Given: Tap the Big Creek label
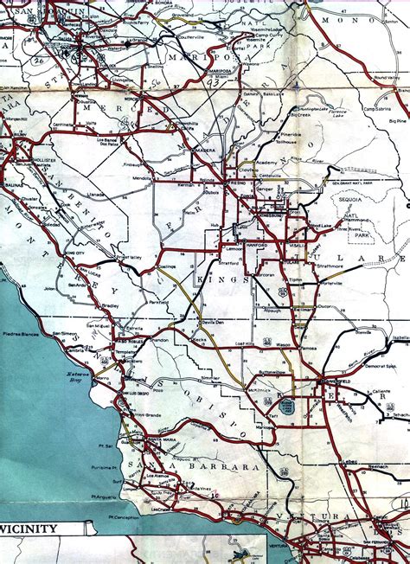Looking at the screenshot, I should tap(299, 112).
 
